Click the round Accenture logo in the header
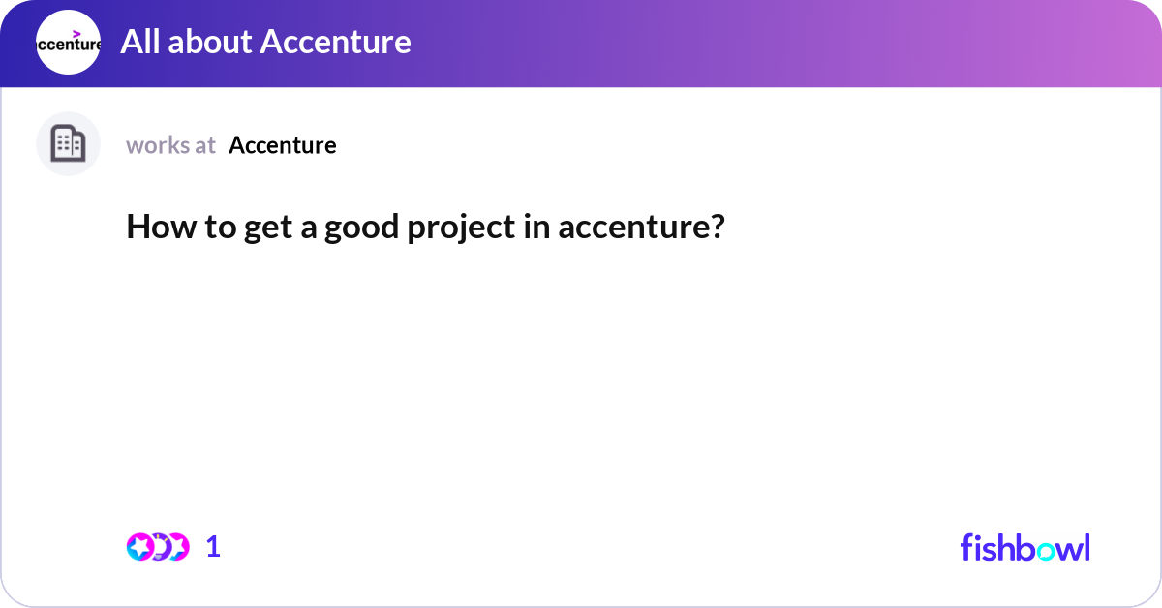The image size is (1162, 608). (68, 42)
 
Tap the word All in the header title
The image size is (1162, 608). (140, 42)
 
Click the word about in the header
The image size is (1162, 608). (210, 42)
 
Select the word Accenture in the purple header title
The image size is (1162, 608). (336, 42)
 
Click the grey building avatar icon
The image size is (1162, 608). (68, 143)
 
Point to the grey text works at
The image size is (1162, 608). (170, 145)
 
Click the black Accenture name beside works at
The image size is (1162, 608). (283, 145)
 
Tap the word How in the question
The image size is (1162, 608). (162, 227)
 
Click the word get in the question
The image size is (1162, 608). (268, 228)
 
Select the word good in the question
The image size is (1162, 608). (361, 228)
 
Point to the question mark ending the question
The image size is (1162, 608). (716, 227)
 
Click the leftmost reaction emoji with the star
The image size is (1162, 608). (140, 547)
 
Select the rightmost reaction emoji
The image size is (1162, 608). (178, 547)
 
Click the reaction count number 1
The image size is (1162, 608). (213, 547)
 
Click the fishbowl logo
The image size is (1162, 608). (1025, 547)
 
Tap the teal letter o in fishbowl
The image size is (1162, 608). (1046, 552)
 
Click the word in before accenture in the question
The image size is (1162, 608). (536, 227)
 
